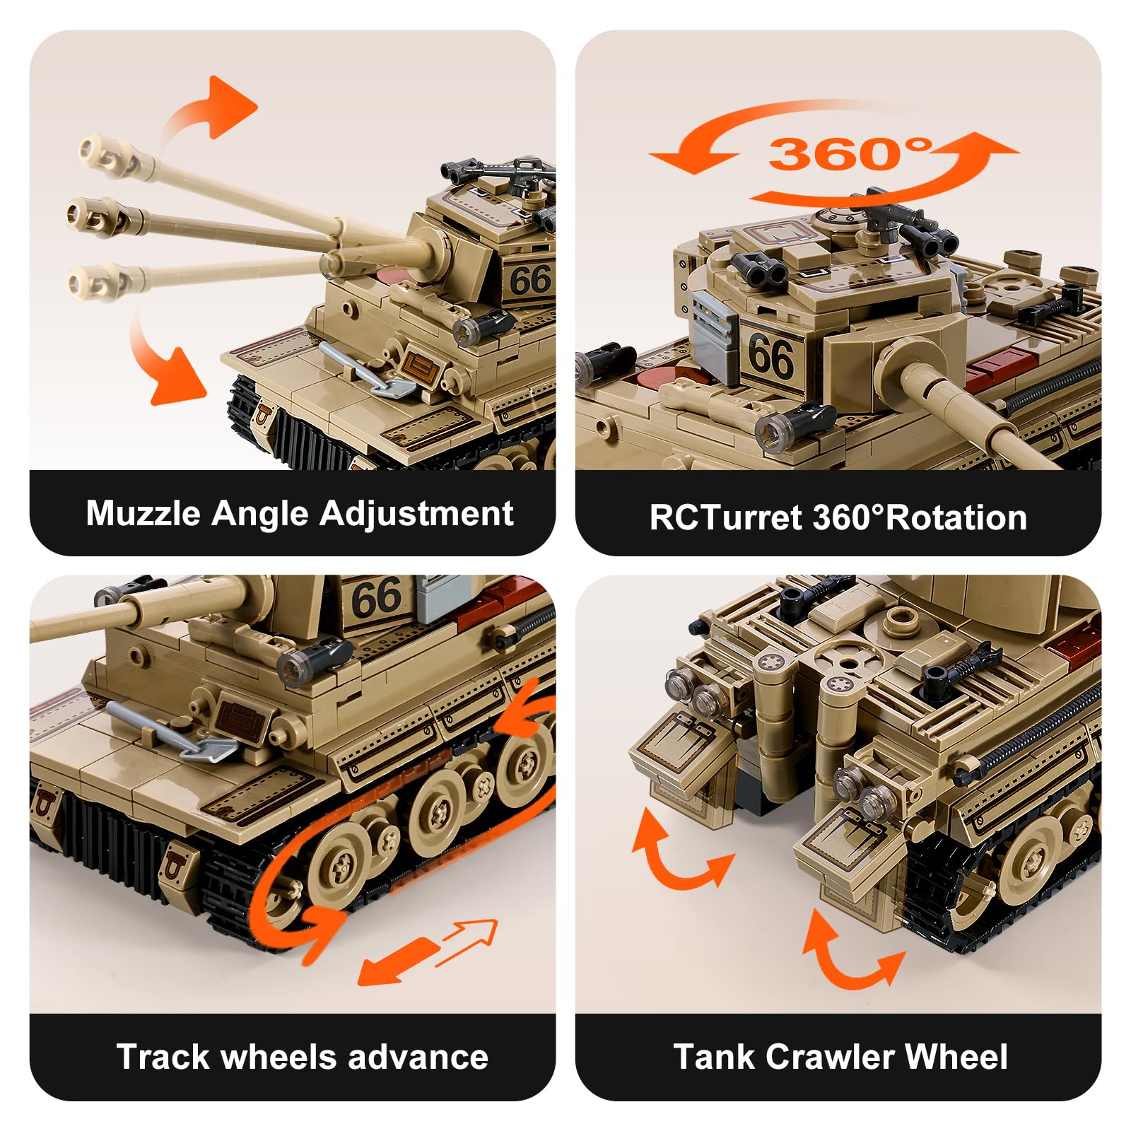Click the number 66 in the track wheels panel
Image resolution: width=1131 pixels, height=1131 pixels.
376,598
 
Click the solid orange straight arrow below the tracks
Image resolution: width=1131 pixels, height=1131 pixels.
399,961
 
